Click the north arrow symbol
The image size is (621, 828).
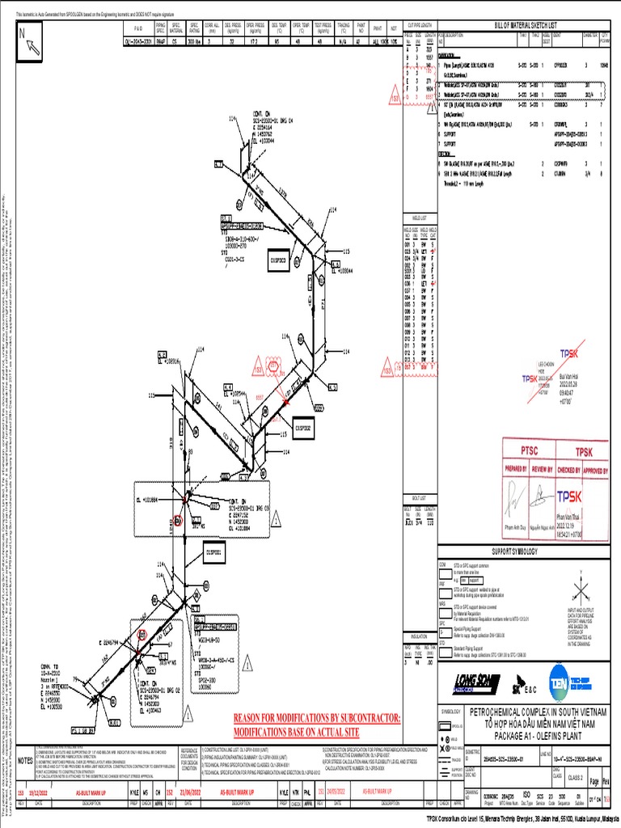tap(32, 41)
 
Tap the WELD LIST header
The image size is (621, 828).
tap(420, 216)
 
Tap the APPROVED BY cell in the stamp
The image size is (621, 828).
tap(597, 468)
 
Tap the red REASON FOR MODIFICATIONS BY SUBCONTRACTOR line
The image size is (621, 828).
tap(317, 718)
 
